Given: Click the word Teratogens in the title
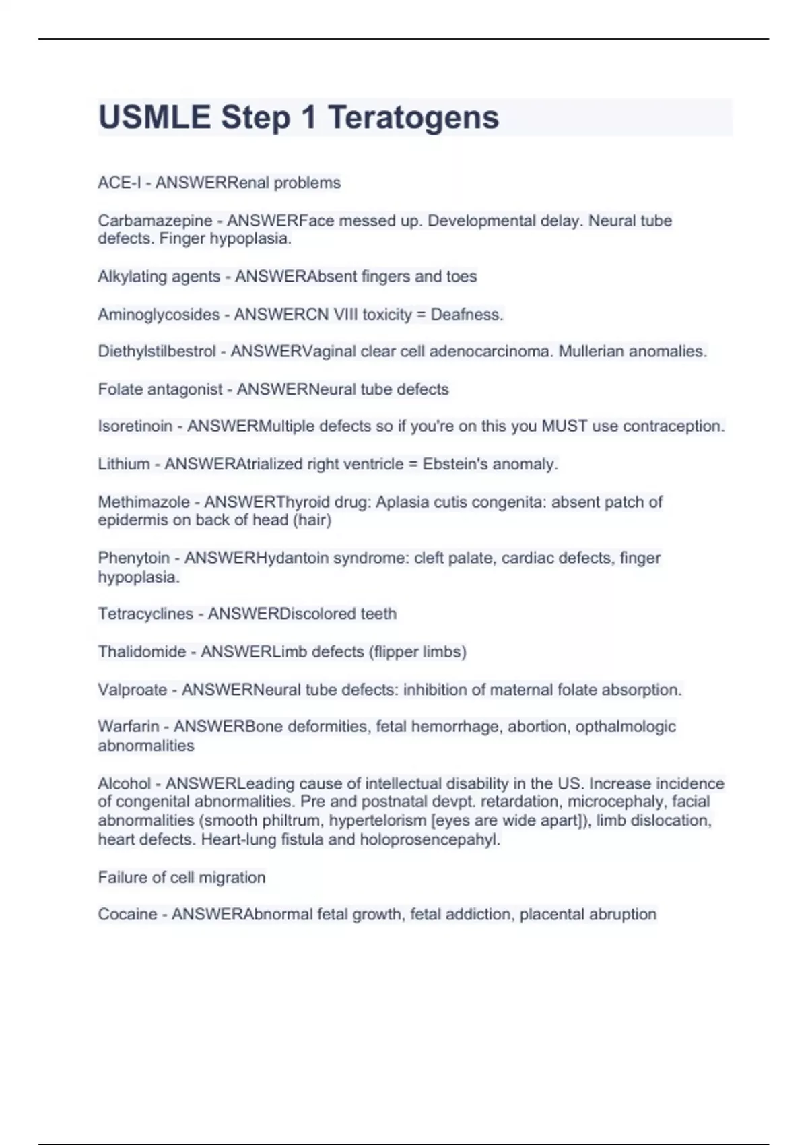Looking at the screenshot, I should tap(413, 117).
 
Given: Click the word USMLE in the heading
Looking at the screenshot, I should tap(154, 117).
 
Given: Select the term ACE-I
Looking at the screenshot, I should tap(119, 183).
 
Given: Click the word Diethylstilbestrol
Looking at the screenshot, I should tap(157, 352).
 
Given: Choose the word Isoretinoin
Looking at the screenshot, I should tap(135, 426).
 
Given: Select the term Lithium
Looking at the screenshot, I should tap(124, 464).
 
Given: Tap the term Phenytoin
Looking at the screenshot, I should tap(134, 558).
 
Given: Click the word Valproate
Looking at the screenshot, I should tap(133, 690).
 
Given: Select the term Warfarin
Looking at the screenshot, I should tap(129, 727).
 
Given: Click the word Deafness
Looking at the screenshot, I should tap(467, 315).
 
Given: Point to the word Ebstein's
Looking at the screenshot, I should tap(451, 464).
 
